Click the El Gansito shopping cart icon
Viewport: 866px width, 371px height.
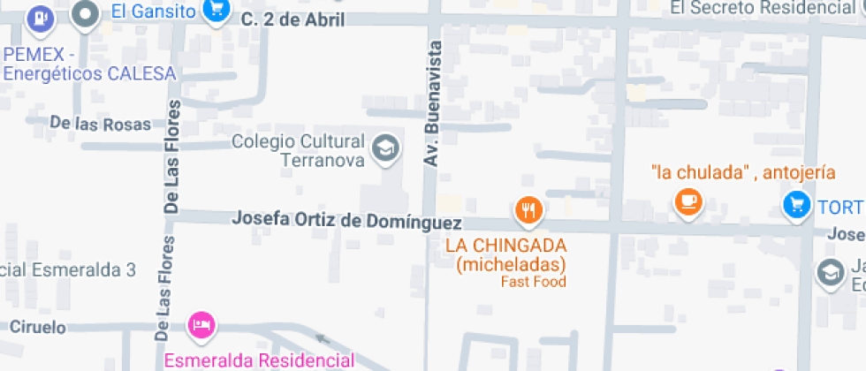pos(216,11)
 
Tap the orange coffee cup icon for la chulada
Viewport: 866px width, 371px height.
pos(687,201)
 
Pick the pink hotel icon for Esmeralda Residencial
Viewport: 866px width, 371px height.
pos(201,324)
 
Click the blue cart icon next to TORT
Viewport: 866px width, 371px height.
pos(796,206)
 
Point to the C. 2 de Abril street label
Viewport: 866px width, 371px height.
pos(292,19)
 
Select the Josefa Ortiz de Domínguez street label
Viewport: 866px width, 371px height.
pos(347,220)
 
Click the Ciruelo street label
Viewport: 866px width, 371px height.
pos(37,327)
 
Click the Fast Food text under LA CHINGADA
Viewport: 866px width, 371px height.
pos(533,282)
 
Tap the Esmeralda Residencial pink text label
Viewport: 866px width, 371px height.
pos(259,360)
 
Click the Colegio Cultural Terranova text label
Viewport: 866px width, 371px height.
pos(298,150)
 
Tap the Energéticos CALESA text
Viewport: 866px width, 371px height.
pos(89,74)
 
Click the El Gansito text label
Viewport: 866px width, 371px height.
pos(153,11)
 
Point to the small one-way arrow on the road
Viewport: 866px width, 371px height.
pos(322,338)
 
